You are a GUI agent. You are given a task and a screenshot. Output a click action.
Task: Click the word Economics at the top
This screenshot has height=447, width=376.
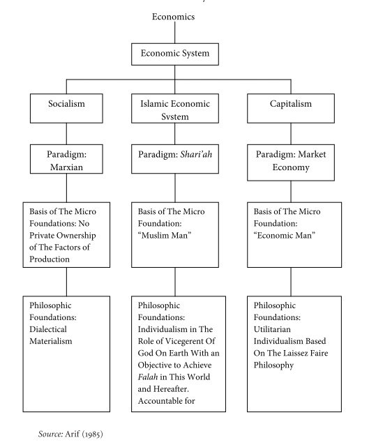(x=174, y=17)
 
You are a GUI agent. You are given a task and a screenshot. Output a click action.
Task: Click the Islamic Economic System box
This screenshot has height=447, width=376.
(x=174, y=110)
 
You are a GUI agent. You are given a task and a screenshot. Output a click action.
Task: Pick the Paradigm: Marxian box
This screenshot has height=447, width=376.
(x=66, y=159)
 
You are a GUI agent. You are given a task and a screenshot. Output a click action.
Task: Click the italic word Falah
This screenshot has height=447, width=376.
(x=150, y=377)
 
